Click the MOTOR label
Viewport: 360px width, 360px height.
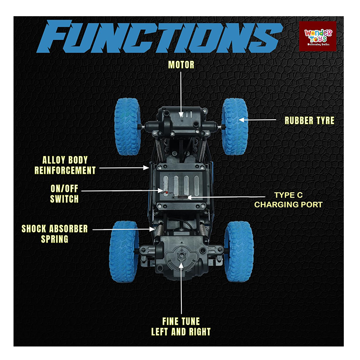point(181,65)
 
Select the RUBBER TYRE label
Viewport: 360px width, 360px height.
point(309,121)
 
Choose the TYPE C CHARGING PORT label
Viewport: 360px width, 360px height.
point(288,200)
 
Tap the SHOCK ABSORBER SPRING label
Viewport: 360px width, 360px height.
point(54,234)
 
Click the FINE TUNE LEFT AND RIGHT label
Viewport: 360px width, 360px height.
point(181,327)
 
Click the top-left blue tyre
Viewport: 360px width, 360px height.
point(127,126)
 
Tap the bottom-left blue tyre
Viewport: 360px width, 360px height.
point(124,251)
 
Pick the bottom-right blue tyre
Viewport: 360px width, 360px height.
point(238,251)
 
